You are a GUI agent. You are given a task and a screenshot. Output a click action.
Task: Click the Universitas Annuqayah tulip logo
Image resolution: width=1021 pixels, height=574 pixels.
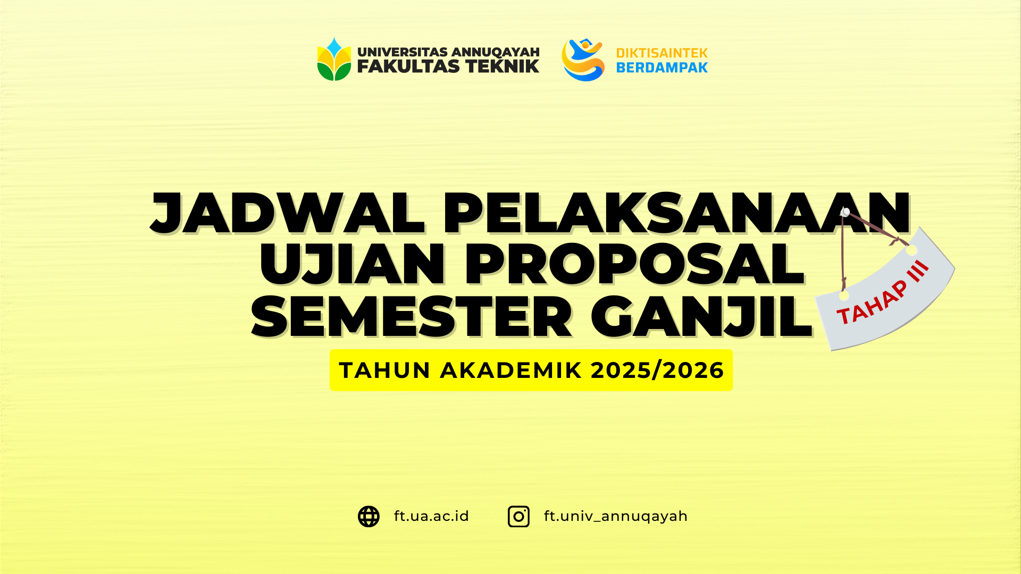pos(334,60)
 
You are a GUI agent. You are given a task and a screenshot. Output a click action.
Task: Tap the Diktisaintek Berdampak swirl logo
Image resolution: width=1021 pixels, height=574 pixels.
pos(583,60)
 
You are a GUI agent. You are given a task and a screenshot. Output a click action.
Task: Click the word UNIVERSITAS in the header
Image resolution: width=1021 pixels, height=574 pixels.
pos(402,52)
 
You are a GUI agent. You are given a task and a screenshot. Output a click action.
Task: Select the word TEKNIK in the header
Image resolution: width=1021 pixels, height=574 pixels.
pos(502,66)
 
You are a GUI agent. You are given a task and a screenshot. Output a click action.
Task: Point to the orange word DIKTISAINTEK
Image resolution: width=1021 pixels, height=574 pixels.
pos(662,53)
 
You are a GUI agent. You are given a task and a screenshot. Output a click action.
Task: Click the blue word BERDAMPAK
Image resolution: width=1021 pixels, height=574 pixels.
pos(662,67)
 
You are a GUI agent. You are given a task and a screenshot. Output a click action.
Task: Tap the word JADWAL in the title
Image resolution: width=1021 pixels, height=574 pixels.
pos(288,214)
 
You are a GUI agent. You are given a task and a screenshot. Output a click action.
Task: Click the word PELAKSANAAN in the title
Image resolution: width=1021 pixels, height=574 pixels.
pos(675,214)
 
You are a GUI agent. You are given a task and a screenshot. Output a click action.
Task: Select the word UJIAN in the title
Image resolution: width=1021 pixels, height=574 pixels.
pos(352,265)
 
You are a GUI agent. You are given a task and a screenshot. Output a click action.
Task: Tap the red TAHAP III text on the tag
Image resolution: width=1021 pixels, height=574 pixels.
pos(883,292)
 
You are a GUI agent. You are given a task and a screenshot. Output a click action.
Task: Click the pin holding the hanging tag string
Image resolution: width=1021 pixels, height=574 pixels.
pos(846,212)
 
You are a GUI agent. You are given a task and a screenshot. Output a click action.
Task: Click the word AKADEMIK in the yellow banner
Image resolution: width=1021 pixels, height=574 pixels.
pos(510,370)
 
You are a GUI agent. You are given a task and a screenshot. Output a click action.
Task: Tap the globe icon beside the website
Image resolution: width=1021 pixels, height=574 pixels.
pos(369,517)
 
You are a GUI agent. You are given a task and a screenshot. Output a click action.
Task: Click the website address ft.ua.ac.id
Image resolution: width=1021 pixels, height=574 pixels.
pos(431,516)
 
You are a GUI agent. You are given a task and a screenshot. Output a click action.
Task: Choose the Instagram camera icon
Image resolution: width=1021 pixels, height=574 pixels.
pos(518,517)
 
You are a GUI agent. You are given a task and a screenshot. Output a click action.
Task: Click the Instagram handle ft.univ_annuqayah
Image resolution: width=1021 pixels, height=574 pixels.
pos(615,516)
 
